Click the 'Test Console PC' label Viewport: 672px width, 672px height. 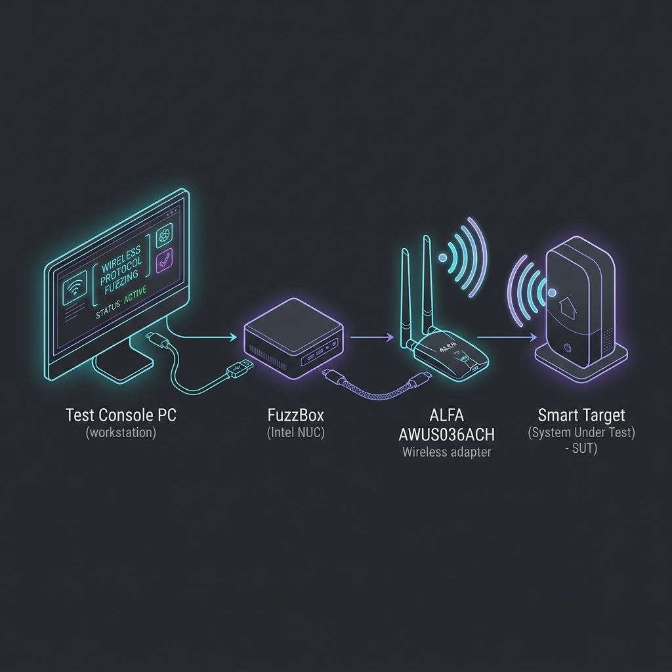[121, 415]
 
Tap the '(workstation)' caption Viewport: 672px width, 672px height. [121, 432]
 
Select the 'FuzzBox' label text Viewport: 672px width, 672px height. [296, 415]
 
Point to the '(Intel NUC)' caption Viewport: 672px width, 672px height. [296, 432]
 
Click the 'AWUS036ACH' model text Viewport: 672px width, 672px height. [446, 434]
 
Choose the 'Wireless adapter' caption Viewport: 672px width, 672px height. [446, 452]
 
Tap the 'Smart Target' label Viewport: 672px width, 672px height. [581, 415]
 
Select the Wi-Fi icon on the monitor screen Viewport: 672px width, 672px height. [75, 289]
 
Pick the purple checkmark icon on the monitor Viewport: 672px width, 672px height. [164, 260]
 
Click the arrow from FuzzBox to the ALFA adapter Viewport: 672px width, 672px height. [371, 337]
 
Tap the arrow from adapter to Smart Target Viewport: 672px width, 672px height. [507, 337]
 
